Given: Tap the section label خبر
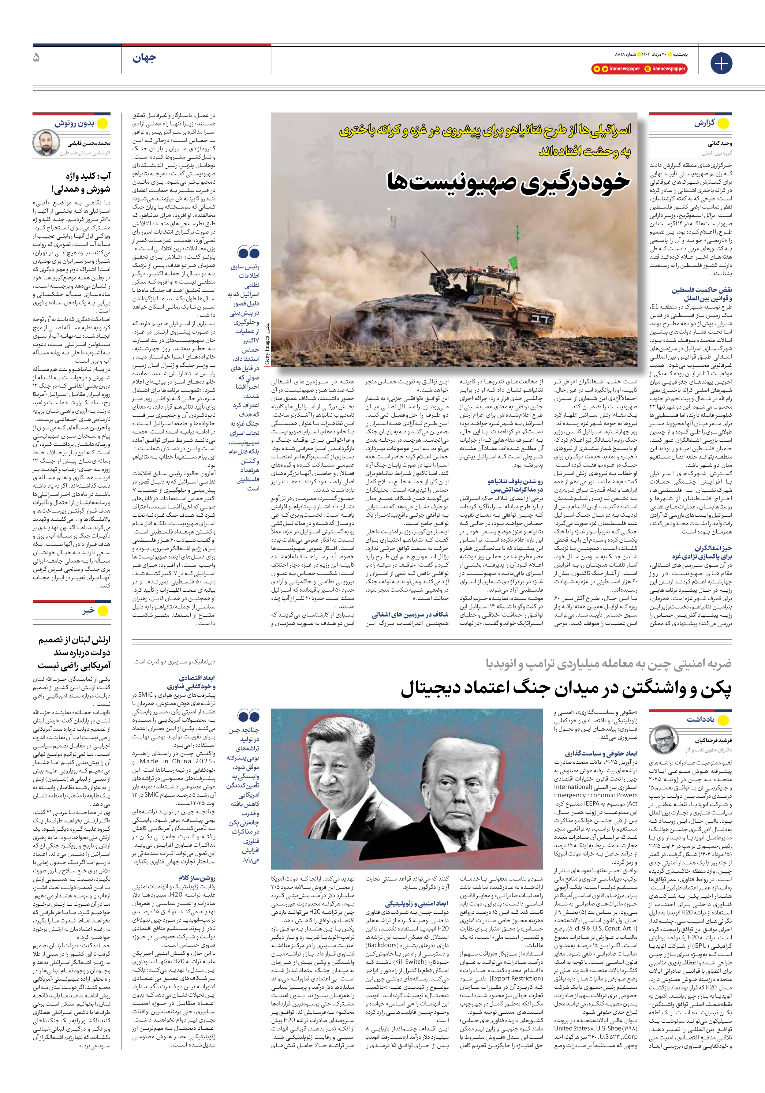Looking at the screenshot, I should (x=88, y=611).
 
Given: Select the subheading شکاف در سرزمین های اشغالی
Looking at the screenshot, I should (x=410, y=615).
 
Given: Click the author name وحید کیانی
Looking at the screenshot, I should (x=719, y=143).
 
